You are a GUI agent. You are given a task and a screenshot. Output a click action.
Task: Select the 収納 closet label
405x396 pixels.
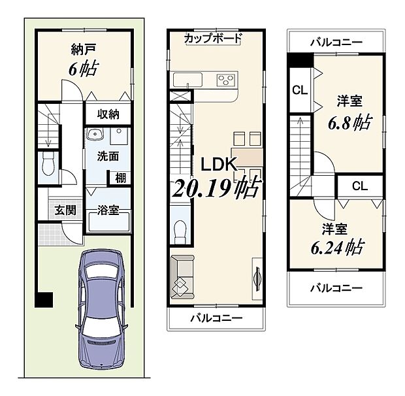[x=108, y=114]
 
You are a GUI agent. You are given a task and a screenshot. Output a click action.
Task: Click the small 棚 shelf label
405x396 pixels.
[x=121, y=178]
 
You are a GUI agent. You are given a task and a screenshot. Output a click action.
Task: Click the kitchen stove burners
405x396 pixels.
[x=226, y=80]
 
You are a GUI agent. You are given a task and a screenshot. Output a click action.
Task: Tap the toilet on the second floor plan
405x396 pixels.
[x=181, y=231]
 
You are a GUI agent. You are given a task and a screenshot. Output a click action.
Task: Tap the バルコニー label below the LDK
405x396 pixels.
[x=216, y=318]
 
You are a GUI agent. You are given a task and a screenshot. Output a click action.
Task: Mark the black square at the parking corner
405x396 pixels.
[x=44, y=300]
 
